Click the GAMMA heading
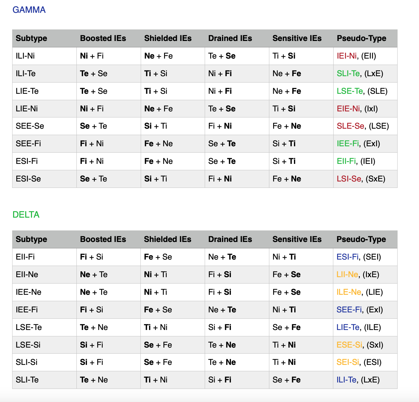pyautogui.click(x=29, y=10)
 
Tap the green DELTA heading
pyautogui.click(x=26, y=214)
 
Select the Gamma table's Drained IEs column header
pyautogui.click(x=230, y=38)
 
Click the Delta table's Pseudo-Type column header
pyautogui.click(x=361, y=239)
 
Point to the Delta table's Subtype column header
pyautogui.click(x=31, y=239)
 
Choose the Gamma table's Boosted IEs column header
pyautogui.click(x=103, y=38)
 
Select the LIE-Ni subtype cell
pyautogui.click(x=27, y=109)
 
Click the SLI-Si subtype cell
pyautogui.click(x=27, y=362)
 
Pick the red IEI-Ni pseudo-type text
pyautogui.click(x=347, y=56)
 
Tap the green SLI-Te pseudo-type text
pyautogui.click(x=348, y=74)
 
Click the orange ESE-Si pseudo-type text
pyautogui.click(x=349, y=345)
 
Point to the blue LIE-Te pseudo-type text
pyautogui.click(x=348, y=327)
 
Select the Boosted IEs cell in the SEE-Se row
pyautogui.click(x=93, y=126)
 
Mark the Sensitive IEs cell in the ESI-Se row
pyautogui.click(x=287, y=179)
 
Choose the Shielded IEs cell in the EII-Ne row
pyautogui.click(x=155, y=275)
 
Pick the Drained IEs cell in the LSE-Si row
pyautogui.click(x=222, y=345)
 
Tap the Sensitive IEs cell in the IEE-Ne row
pyautogui.click(x=286, y=292)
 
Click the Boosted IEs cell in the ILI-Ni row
pyautogui.click(x=92, y=56)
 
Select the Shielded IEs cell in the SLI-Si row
pyautogui.click(x=158, y=362)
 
